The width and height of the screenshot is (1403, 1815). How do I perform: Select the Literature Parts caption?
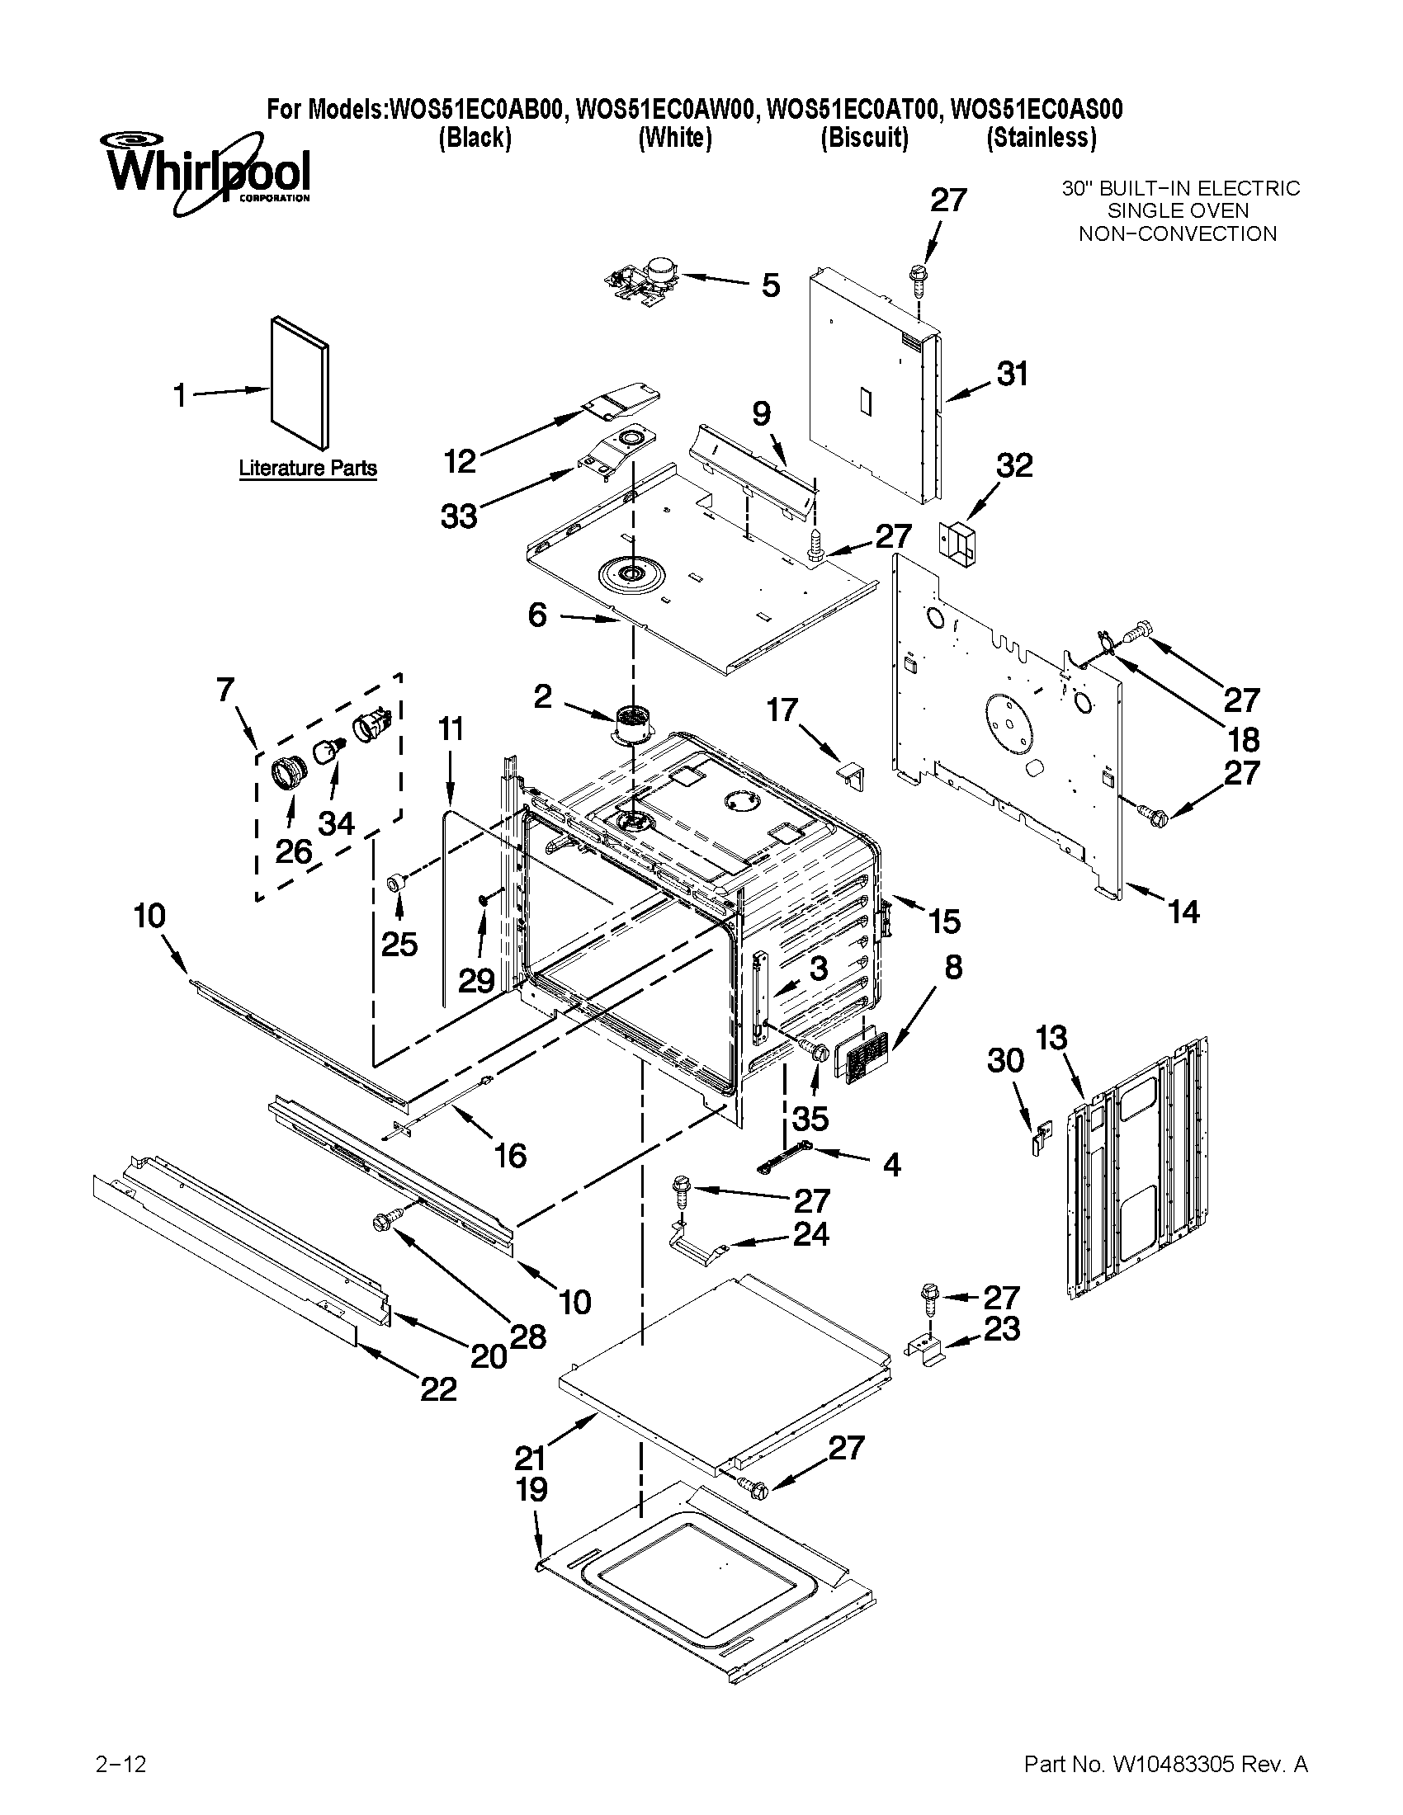pos(308,468)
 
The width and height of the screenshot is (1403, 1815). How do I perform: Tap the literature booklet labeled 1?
pos(300,381)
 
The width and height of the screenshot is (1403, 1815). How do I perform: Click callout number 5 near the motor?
pos(771,286)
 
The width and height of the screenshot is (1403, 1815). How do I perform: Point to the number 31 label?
pos(1012,375)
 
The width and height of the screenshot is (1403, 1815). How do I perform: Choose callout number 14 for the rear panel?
pos(1183,912)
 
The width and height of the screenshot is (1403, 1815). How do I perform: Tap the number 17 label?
pos(782,710)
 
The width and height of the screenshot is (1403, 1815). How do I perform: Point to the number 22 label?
pos(438,1389)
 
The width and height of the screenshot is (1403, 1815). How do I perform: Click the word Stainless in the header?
pos(1042,137)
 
